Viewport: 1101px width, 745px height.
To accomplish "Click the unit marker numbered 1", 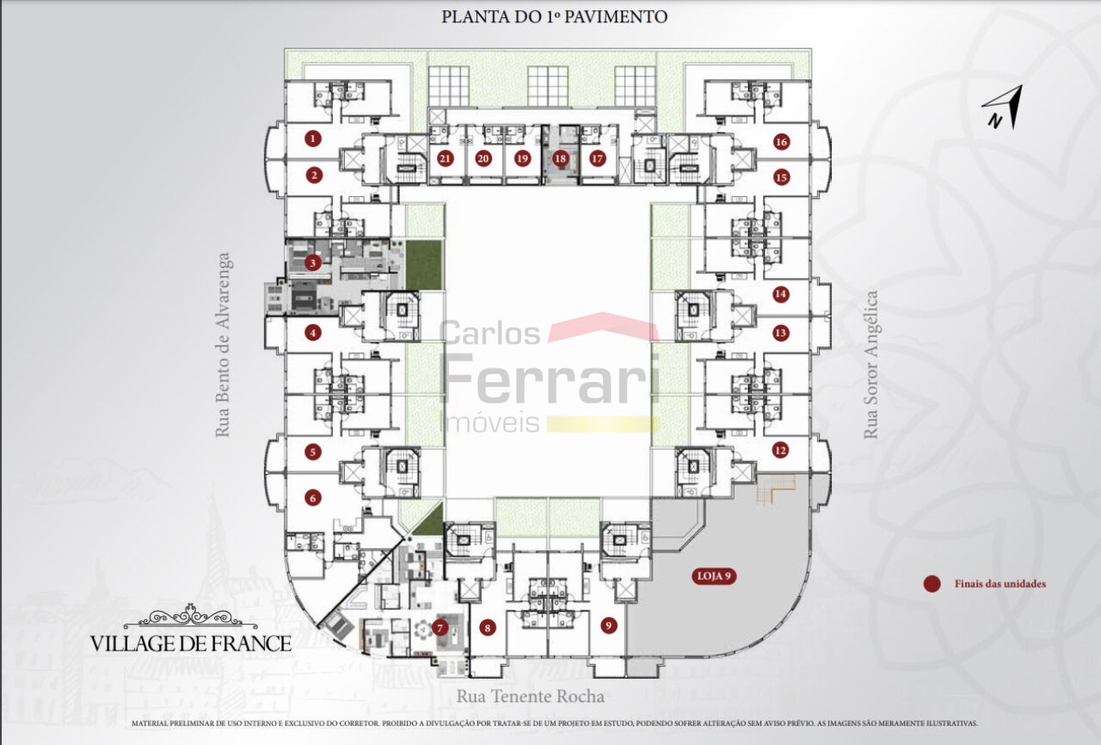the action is pos(313,139).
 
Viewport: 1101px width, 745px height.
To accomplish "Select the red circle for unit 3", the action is pos(313,263).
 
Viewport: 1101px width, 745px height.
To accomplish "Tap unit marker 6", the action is pos(313,498).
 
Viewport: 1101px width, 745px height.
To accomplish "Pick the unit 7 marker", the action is pos(440,627).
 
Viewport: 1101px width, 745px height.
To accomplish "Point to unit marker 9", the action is pos(608,625).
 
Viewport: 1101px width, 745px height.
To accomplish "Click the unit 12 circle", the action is pos(780,450).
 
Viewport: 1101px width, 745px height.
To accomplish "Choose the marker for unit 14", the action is pos(780,294).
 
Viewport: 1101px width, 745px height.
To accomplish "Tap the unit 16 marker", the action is pos(781,142).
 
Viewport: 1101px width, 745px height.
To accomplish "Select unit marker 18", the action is pos(560,158).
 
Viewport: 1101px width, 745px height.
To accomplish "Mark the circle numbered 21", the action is pos(445,158).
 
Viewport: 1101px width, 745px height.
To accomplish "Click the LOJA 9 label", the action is pos(714,576).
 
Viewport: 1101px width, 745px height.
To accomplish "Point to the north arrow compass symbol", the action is pos(1003,108).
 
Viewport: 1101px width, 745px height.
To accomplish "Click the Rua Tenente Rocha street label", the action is pos(531,696).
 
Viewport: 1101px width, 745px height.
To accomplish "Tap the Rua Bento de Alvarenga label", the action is pos(223,344).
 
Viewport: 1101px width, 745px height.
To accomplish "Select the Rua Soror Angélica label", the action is pos(870,365).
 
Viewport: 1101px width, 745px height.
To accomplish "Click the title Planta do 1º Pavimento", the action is pos(554,16).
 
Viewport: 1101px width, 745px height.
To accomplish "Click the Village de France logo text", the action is pos(190,643).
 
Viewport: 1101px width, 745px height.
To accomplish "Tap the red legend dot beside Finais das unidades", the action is pos(932,584).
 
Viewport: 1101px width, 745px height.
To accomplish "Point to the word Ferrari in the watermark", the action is pos(550,379).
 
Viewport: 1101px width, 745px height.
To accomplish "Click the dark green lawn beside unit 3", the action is pos(424,264).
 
